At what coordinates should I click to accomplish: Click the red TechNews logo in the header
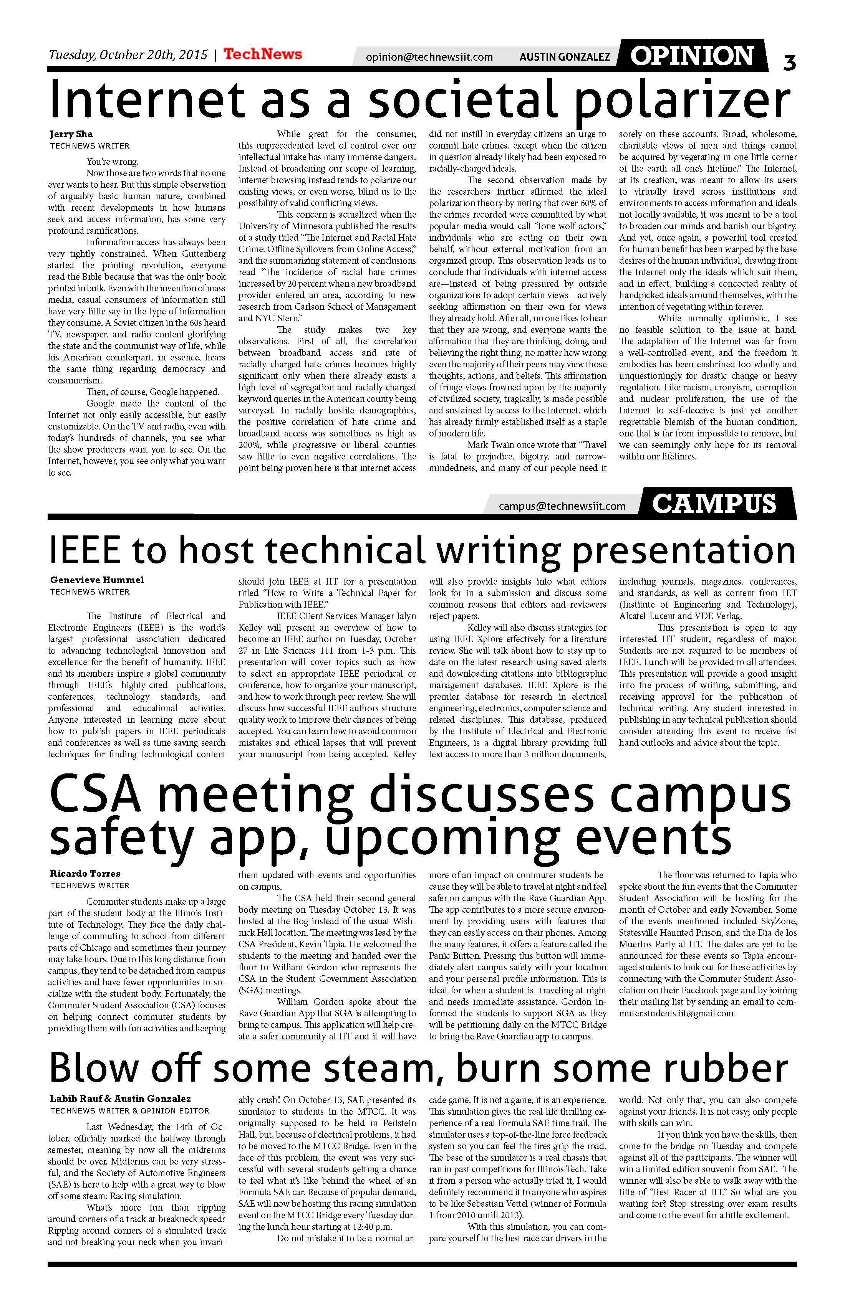[262, 54]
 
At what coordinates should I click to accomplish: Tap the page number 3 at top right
[789, 61]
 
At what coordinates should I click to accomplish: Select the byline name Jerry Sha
[71, 134]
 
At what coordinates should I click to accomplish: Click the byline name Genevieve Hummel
[97, 580]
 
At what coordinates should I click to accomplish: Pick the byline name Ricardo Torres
[85, 874]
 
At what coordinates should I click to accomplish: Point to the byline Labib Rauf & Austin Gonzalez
[120, 1099]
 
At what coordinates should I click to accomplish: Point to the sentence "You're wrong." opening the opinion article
[113, 162]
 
